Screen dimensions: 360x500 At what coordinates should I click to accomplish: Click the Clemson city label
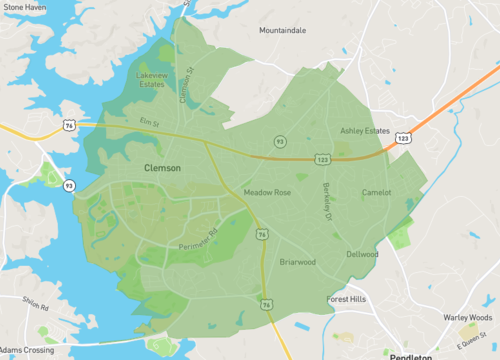(162, 168)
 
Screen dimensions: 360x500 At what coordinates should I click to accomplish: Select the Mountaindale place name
(283, 31)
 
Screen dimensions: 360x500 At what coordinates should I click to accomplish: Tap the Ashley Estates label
(364, 131)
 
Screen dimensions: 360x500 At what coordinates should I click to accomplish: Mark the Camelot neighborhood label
(376, 192)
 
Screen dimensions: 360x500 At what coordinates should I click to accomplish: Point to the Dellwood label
(362, 254)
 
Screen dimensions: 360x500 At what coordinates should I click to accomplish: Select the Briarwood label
(297, 262)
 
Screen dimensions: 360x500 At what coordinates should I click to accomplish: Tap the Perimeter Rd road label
(198, 241)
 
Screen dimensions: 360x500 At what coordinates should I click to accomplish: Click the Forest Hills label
(349, 299)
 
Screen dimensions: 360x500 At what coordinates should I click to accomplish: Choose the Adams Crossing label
(27, 351)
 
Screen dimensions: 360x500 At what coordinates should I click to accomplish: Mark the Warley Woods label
(469, 318)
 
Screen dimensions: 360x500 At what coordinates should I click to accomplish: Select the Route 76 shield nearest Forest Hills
(265, 303)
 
